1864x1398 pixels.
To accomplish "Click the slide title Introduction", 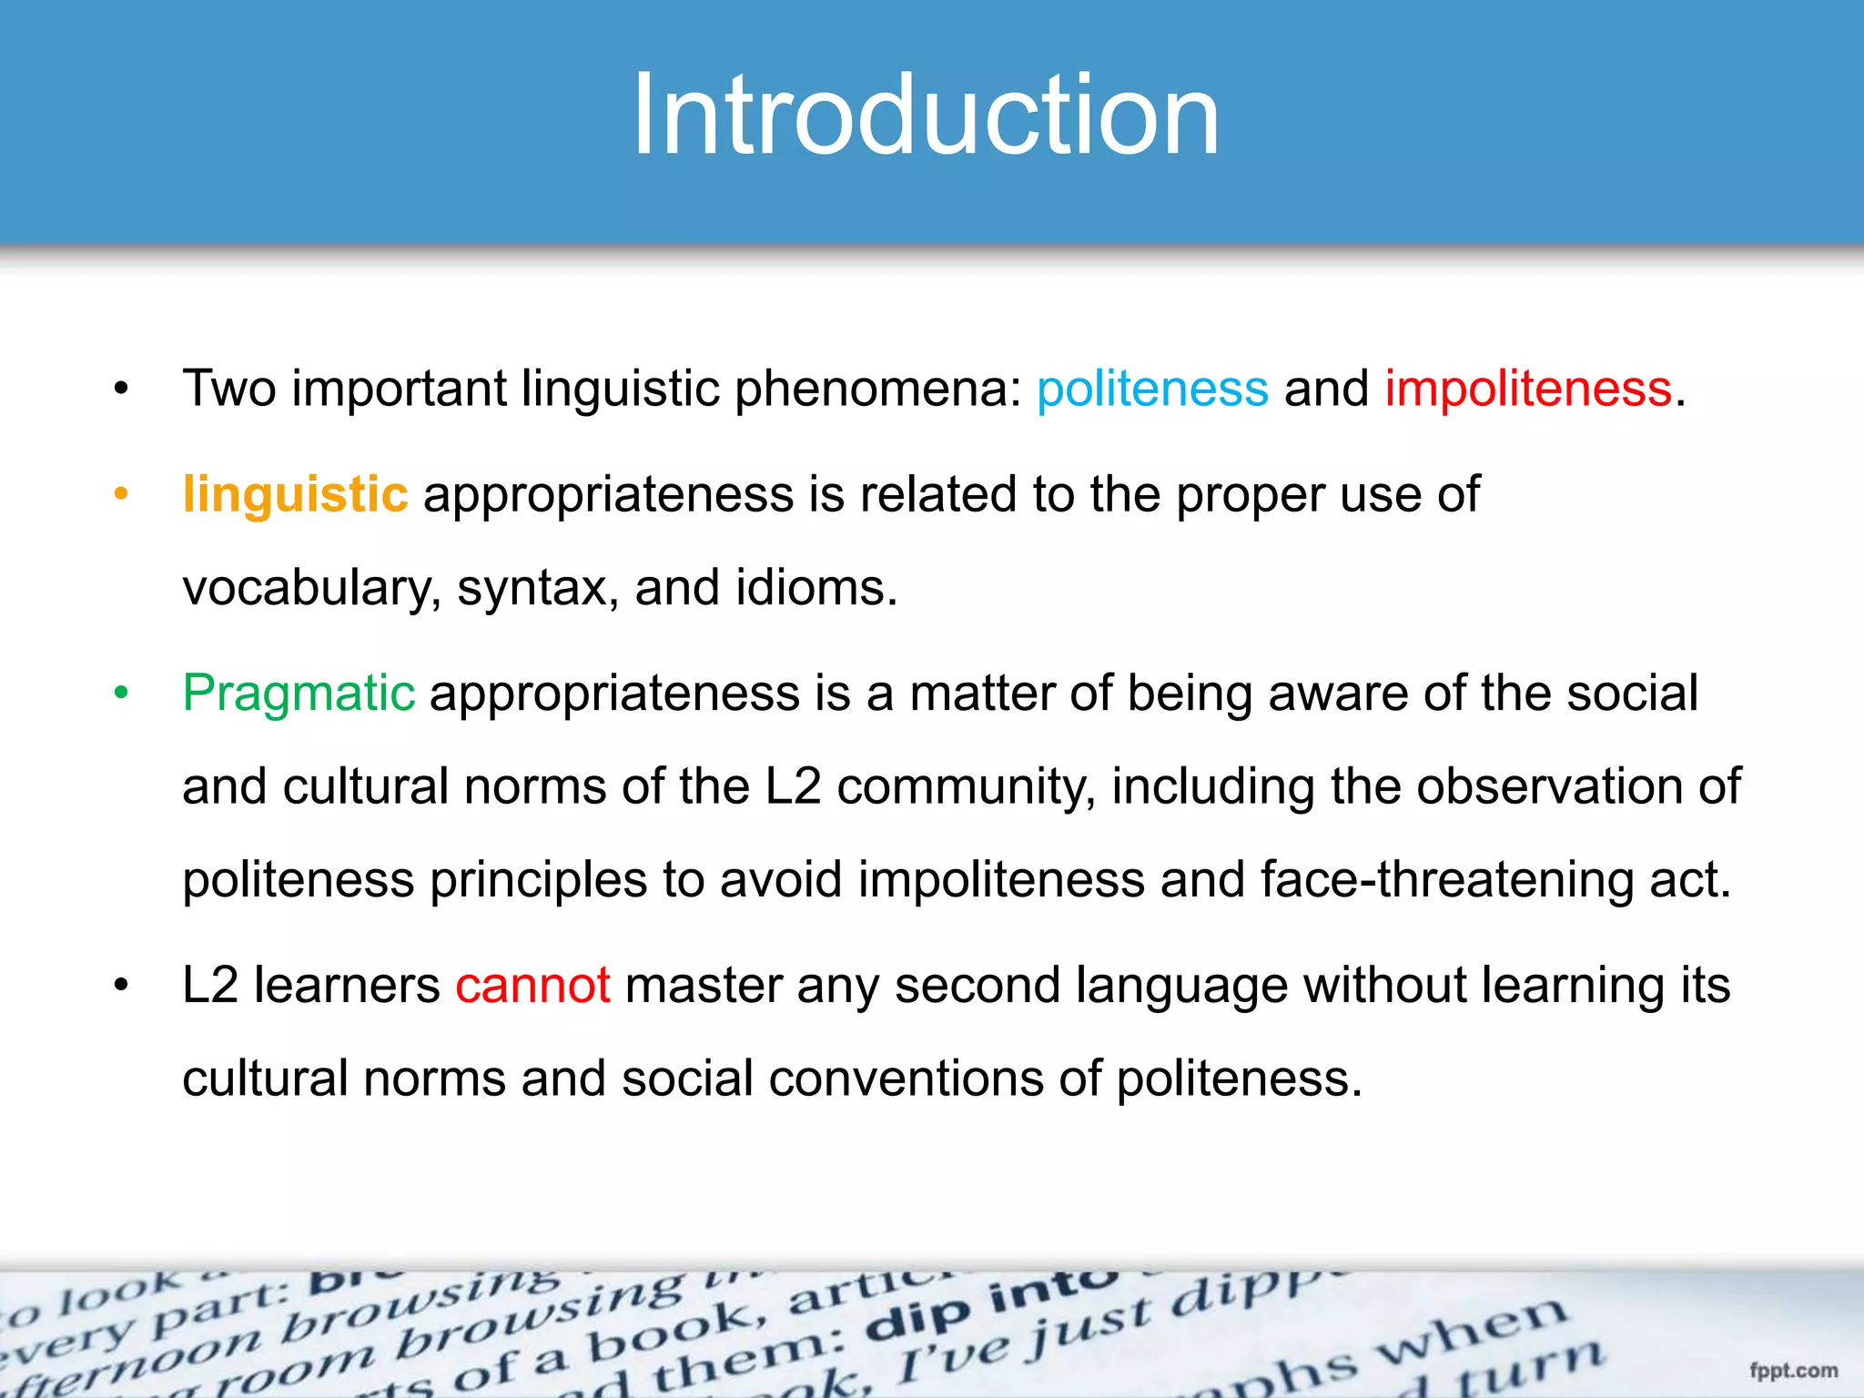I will click(925, 116).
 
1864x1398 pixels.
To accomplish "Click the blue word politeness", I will click(1151, 390).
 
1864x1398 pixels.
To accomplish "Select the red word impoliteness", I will click(1528, 390).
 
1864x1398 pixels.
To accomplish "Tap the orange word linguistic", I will click(295, 495).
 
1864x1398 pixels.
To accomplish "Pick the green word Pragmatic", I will click(299, 694).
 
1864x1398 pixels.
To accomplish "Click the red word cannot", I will click(532, 986).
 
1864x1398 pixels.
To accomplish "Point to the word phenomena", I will click(878, 390).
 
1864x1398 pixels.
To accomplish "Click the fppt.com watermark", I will click(1793, 1370).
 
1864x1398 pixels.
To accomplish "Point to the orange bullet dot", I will click(121, 494).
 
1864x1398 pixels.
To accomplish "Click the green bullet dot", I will click(121, 694).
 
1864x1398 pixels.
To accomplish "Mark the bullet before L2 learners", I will click(121, 986).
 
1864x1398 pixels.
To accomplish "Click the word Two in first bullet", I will click(228, 390).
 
